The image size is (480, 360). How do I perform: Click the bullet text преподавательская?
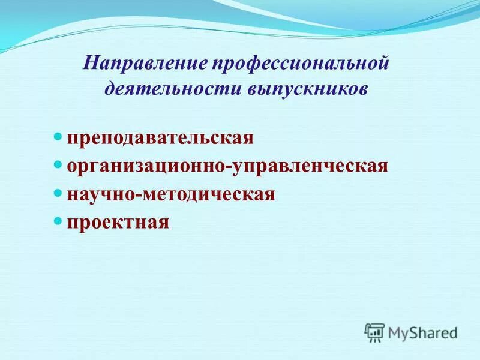160,138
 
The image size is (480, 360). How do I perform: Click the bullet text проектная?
118,223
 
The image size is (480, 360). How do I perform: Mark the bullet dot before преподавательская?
58,137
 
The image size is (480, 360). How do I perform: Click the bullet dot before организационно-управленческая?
58,164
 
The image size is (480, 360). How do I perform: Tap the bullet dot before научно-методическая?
58,193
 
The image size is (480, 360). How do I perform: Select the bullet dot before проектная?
58,221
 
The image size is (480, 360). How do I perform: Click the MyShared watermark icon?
374,332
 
